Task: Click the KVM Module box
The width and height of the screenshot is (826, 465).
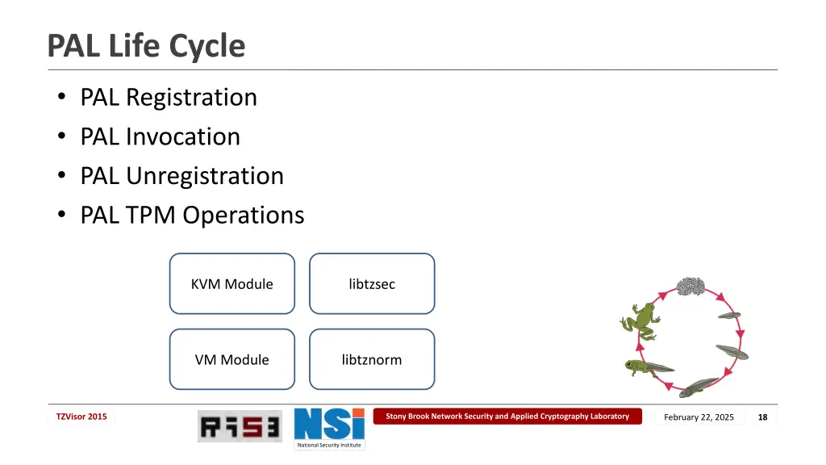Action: [x=232, y=284]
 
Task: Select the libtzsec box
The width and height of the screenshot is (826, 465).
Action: [x=372, y=284]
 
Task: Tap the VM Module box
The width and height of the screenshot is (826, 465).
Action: [x=232, y=359]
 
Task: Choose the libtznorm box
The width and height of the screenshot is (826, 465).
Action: [x=372, y=359]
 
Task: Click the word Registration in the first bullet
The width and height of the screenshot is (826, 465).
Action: [x=191, y=97]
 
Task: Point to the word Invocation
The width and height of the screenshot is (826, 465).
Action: [x=182, y=136]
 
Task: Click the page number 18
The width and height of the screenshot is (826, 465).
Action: [x=762, y=417]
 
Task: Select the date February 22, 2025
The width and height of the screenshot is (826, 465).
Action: [x=699, y=417]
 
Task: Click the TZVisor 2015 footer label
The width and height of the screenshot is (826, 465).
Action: [x=81, y=417]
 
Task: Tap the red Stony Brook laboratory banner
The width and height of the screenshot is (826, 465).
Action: [x=507, y=417]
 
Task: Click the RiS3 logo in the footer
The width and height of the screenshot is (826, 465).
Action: [x=240, y=426]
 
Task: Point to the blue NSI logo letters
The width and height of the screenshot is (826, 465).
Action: [x=329, y=424]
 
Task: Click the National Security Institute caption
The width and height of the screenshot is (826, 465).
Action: [x=329, y=445]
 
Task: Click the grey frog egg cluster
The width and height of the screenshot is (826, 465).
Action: [x=690, y=286]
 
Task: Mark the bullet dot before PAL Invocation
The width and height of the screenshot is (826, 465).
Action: [x=62, y=137]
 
